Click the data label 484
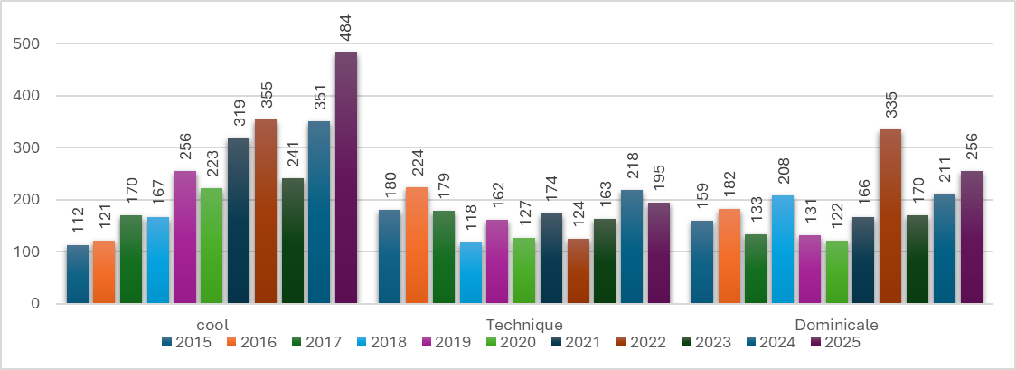[346, 25]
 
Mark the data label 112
[78, 219]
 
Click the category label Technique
[524, 324]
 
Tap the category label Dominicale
[836, 324]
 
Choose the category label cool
[212, 324]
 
